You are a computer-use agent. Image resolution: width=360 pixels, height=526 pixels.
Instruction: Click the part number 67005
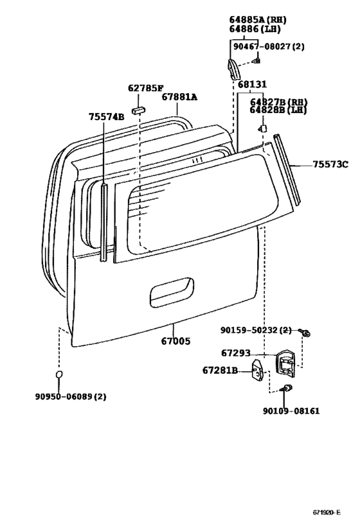(x=175, y=341)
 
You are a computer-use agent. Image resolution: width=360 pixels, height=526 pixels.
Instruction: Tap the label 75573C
(x=330, y=164)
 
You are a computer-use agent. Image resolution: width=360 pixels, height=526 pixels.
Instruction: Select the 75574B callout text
(x=107, y=117)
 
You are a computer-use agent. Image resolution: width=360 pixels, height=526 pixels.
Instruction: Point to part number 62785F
(x=145, y=88)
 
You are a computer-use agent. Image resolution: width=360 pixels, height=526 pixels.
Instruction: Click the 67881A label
(x=179, y=97)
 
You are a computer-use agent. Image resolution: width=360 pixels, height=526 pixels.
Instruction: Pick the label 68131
(x=253, y=84)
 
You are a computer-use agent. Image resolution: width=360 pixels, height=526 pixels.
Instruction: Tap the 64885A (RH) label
(x=258, y=20)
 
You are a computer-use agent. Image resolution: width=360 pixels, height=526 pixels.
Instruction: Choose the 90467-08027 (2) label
(x=269, y=46)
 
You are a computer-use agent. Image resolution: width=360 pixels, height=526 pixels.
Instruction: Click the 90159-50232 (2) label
(x=256, y=330)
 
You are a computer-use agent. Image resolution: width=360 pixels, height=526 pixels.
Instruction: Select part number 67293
(x=236, y=353)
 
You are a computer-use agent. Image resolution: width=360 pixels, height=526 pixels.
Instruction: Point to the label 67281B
(x=220, y=371)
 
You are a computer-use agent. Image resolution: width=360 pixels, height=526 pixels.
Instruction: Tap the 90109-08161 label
(x=291, y=410)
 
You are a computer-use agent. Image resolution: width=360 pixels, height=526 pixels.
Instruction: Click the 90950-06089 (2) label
(x=71, y=396)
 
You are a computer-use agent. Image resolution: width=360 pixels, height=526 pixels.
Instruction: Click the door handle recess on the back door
(x=172, y=292)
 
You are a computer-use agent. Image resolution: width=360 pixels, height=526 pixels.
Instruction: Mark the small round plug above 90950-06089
(x=59, y=374)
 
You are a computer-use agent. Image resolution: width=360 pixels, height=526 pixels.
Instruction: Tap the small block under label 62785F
(x=138, y=110)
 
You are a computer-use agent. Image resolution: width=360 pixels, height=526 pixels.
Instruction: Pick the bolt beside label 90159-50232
(x=306, y=333)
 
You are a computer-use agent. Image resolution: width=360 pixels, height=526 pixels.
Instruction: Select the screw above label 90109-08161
(x=287, y=389)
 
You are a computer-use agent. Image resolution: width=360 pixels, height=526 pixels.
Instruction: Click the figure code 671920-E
(x=327, y=512)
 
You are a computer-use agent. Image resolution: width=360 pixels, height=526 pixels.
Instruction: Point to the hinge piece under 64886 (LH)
(x=233, y=69)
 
